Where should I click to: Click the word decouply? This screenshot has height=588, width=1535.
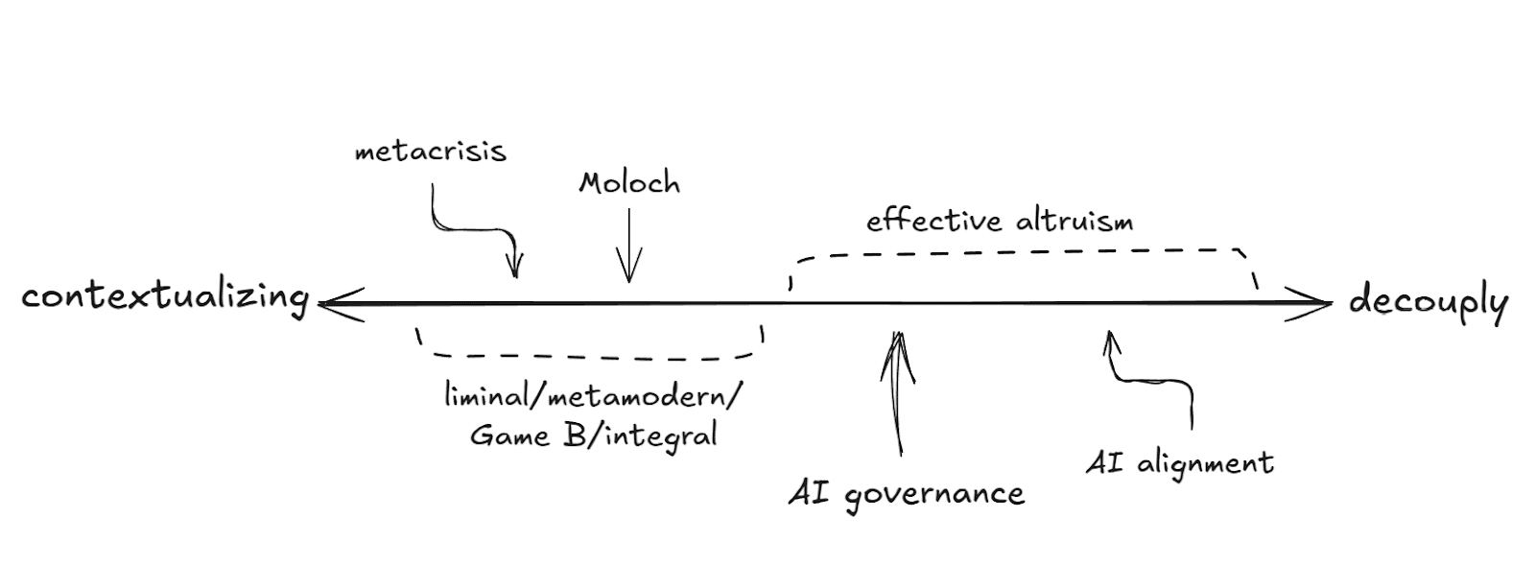[x=1428, y=301]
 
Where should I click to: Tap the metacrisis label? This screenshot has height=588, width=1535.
[x=430, y=152]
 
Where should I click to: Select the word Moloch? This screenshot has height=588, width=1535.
[x=629, y=183]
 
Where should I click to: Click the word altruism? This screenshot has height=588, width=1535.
[x=1073, y=222]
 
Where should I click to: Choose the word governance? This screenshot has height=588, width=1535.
[x=934, y=495]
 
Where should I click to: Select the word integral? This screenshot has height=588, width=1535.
[x=662, y=437]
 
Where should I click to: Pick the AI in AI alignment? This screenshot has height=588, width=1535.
[x=1104, y=463]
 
